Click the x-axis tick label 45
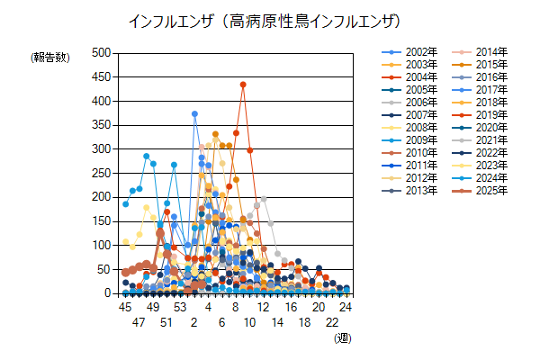[x=125, y=307]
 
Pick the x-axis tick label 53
[x=180, y=307]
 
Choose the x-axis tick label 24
[x=346, y=307]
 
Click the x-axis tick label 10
[x=249, y=321]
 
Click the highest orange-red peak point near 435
[x=243, y=85]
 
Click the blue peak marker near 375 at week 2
[x=194, y=114]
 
